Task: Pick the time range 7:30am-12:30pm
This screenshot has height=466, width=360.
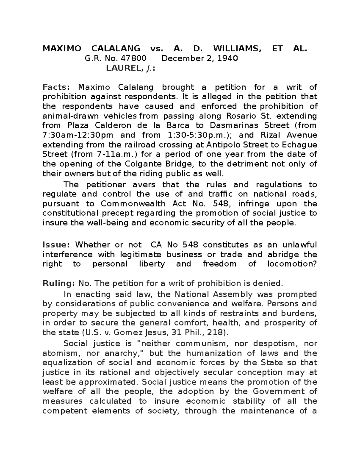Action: point(76,135)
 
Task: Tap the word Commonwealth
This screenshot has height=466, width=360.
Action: point(133,204)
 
